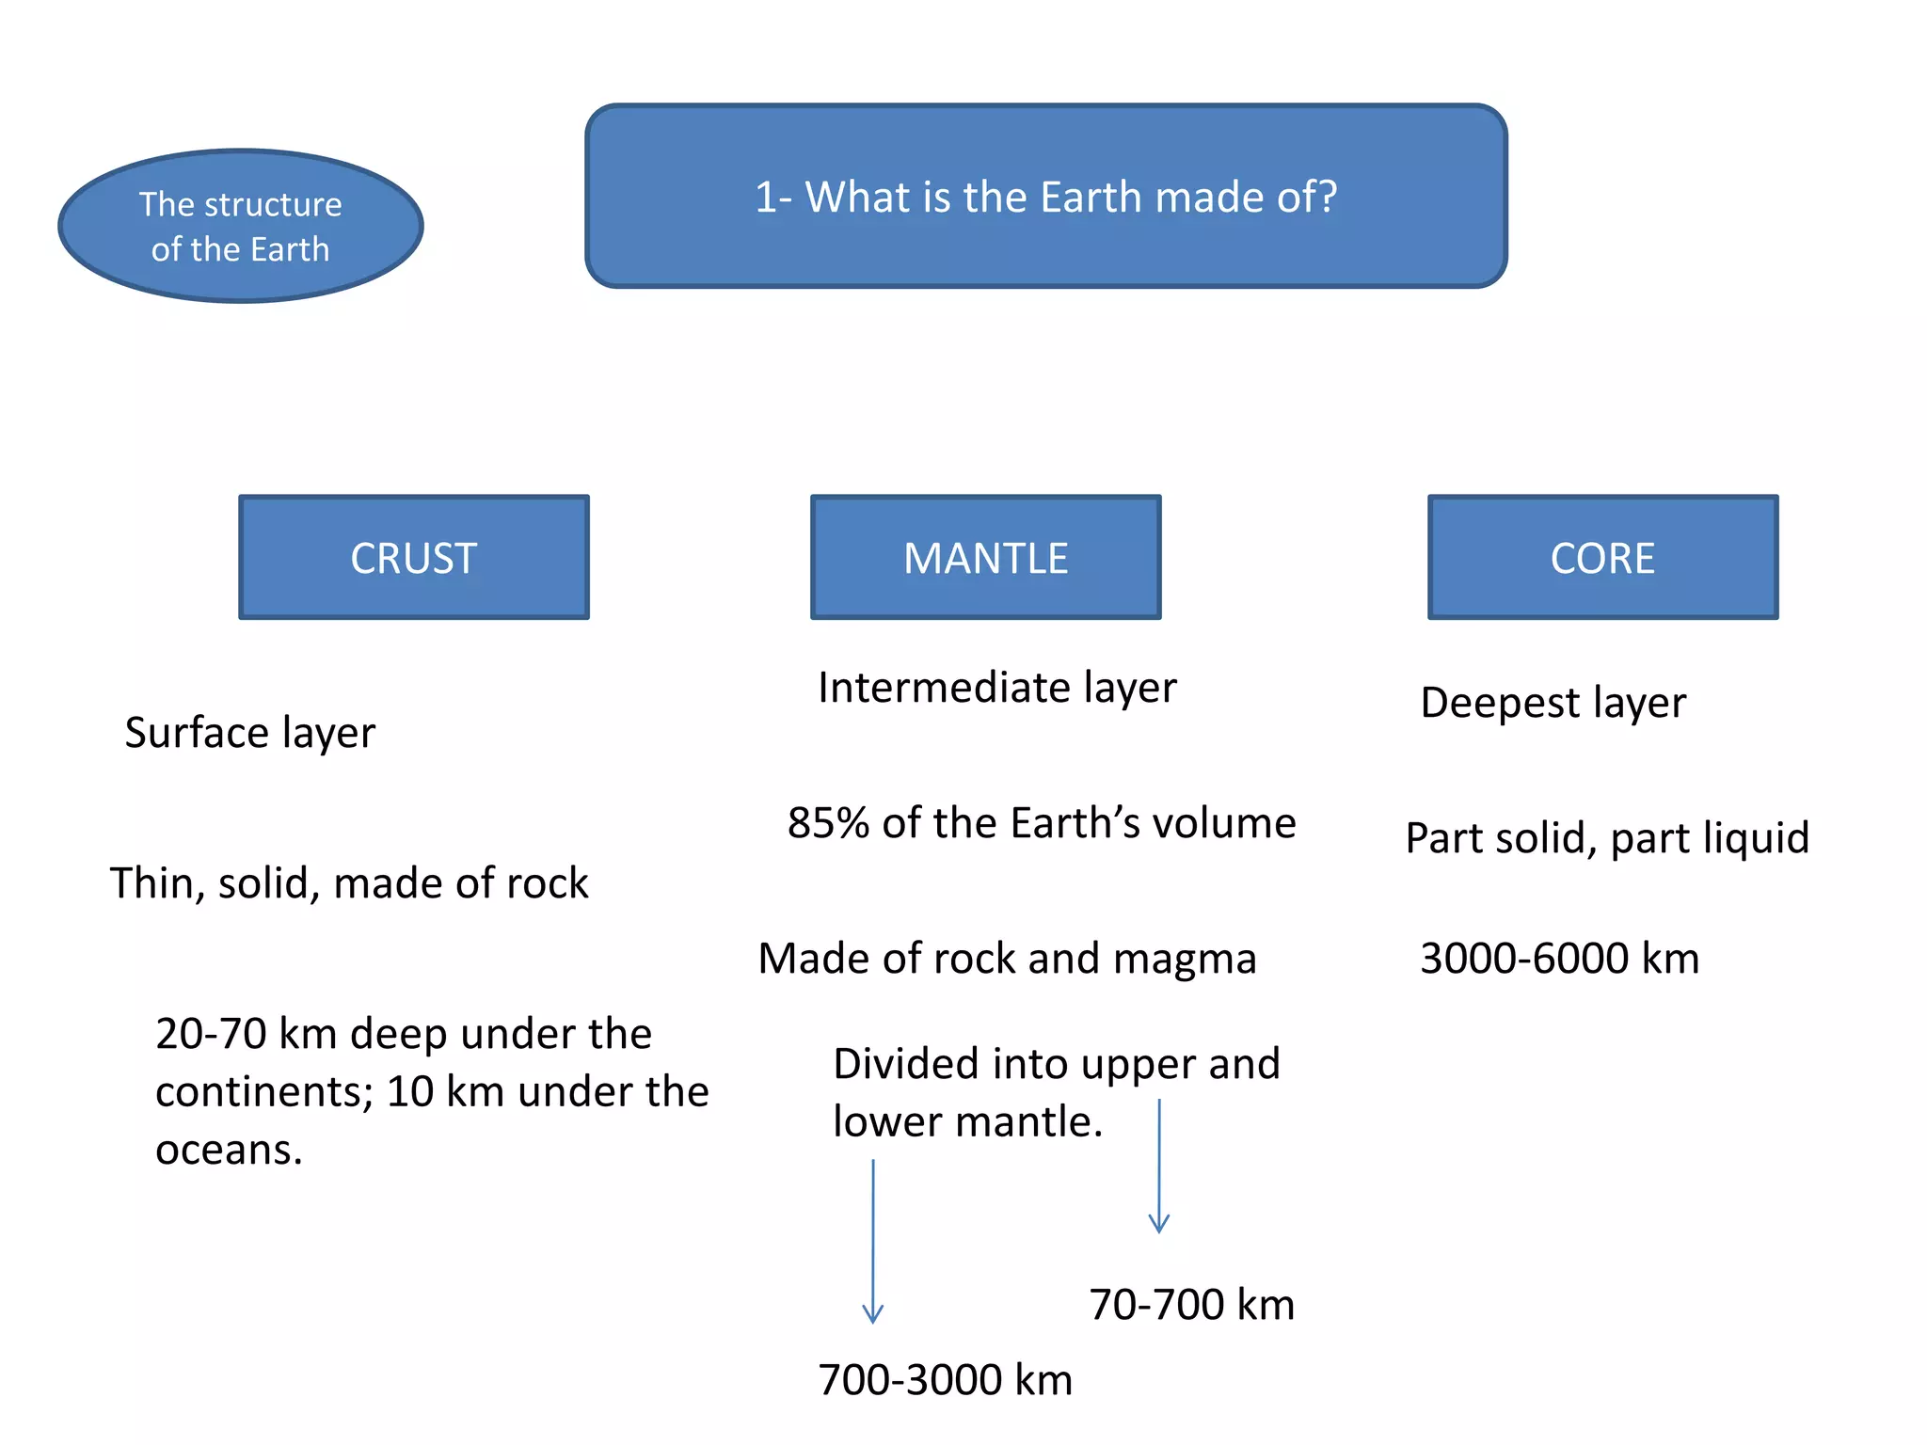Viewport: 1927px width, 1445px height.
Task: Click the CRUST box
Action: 414,557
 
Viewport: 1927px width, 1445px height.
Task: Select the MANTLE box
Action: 985,557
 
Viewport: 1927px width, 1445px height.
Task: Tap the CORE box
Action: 1602,557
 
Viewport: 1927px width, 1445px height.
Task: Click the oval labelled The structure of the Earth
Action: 241,226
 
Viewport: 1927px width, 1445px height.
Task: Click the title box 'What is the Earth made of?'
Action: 1045,196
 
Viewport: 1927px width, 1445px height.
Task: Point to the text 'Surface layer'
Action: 249,732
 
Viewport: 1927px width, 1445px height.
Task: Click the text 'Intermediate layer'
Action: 996,687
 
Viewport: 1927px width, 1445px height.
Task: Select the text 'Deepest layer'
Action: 1553,702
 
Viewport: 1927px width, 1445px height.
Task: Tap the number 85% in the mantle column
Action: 828,822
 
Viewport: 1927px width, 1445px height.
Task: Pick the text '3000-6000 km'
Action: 1559,958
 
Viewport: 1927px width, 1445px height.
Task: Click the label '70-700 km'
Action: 1191,1304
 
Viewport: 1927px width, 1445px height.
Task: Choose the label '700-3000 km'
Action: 945,1379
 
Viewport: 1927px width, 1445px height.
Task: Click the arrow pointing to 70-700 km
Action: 1159,1167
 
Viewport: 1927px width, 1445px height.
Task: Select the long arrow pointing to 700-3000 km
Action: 873,1242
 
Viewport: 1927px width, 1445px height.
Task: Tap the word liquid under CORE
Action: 1757,837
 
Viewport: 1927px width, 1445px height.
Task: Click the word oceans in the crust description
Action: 229,1150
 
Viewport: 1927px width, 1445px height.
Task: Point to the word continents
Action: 263,1091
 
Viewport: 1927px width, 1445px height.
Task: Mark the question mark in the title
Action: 1327,196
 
